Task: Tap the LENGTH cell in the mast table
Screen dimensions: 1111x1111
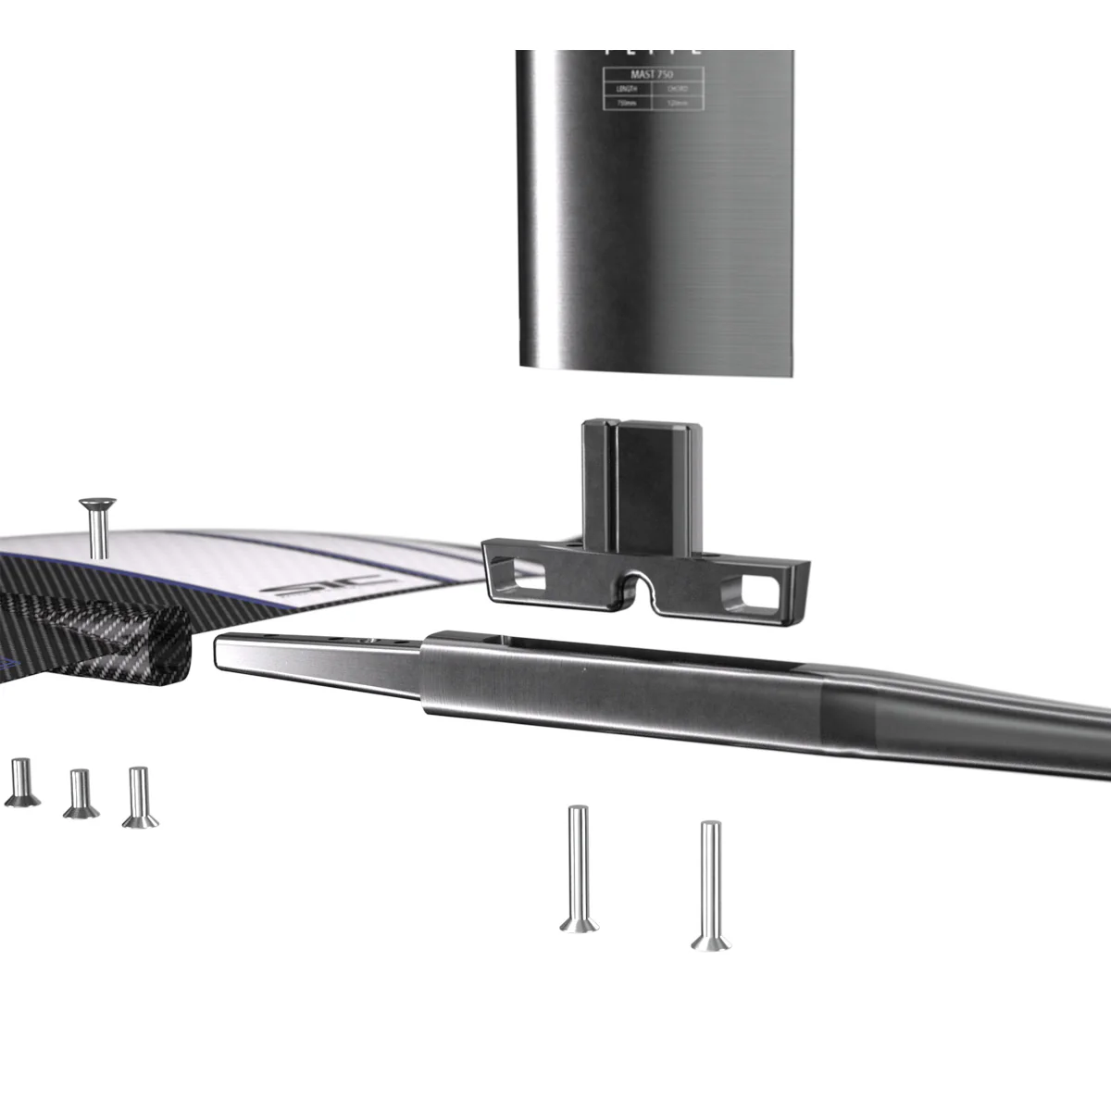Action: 626,90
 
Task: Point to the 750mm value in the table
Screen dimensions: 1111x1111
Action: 626,103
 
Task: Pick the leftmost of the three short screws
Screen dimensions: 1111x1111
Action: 20,782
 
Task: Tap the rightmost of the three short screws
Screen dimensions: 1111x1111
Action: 139,797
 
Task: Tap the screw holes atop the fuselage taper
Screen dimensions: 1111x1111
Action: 370,640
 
